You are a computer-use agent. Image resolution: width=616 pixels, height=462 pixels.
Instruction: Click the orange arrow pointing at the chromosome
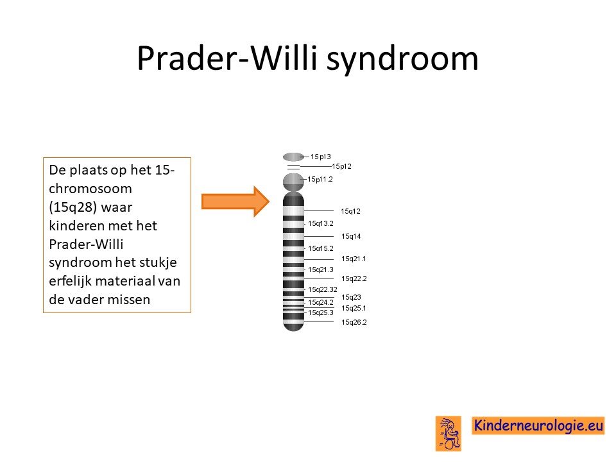235,201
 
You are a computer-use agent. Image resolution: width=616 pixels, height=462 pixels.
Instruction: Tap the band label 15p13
321,157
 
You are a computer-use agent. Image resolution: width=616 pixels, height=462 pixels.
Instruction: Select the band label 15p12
341,166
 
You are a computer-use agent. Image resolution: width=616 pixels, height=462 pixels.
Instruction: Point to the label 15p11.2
320,179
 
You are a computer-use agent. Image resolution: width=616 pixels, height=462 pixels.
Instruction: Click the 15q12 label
350,211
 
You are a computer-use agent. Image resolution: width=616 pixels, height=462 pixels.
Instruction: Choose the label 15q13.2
321,223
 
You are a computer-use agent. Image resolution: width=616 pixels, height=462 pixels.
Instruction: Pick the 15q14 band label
351,236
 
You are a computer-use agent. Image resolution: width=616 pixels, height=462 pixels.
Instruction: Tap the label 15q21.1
354,259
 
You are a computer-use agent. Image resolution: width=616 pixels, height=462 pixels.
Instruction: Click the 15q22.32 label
323,289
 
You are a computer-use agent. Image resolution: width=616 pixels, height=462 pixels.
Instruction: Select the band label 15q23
351,297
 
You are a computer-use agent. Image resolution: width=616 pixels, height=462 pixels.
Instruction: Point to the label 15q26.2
354,322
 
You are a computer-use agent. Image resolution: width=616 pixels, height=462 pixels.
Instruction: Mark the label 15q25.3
321,312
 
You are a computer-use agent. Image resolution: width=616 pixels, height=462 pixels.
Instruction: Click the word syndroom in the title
402,59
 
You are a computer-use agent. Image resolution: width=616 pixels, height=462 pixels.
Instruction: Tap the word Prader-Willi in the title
227,58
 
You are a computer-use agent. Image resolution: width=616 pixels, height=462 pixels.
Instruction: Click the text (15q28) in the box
73,207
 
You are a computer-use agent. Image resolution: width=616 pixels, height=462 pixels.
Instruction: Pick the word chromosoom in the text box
90,189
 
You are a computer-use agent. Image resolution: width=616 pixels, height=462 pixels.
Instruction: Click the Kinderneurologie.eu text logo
538,425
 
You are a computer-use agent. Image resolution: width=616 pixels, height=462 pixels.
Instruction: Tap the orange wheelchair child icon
449,434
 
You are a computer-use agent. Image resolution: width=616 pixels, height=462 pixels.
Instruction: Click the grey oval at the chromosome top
293,157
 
